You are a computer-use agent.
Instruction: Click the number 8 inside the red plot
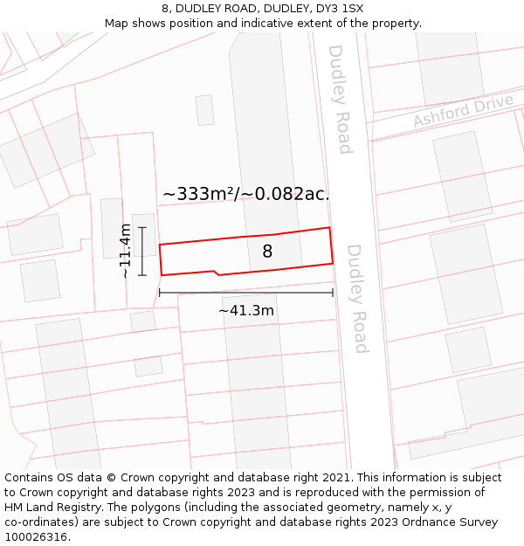tap(267, 252)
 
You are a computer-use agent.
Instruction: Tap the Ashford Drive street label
tap(463, 112)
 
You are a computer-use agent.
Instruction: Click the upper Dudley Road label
tap(339, 99)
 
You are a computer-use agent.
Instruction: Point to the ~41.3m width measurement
tap(246, 311)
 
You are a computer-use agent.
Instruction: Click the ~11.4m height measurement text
tap(125, 251)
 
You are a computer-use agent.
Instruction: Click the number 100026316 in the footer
tap(37, 536)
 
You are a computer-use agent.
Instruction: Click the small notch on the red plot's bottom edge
tap(215, 272)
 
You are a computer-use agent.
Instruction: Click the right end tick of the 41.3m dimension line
tap(333, 293)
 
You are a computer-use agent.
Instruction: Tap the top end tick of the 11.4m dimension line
tap(142, 227)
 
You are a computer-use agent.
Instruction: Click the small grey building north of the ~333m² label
tap(204, 110)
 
